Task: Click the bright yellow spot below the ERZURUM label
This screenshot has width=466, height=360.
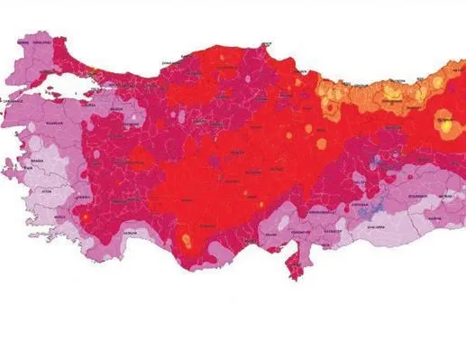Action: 446,127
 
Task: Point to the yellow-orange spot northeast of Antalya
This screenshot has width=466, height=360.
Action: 187,240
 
